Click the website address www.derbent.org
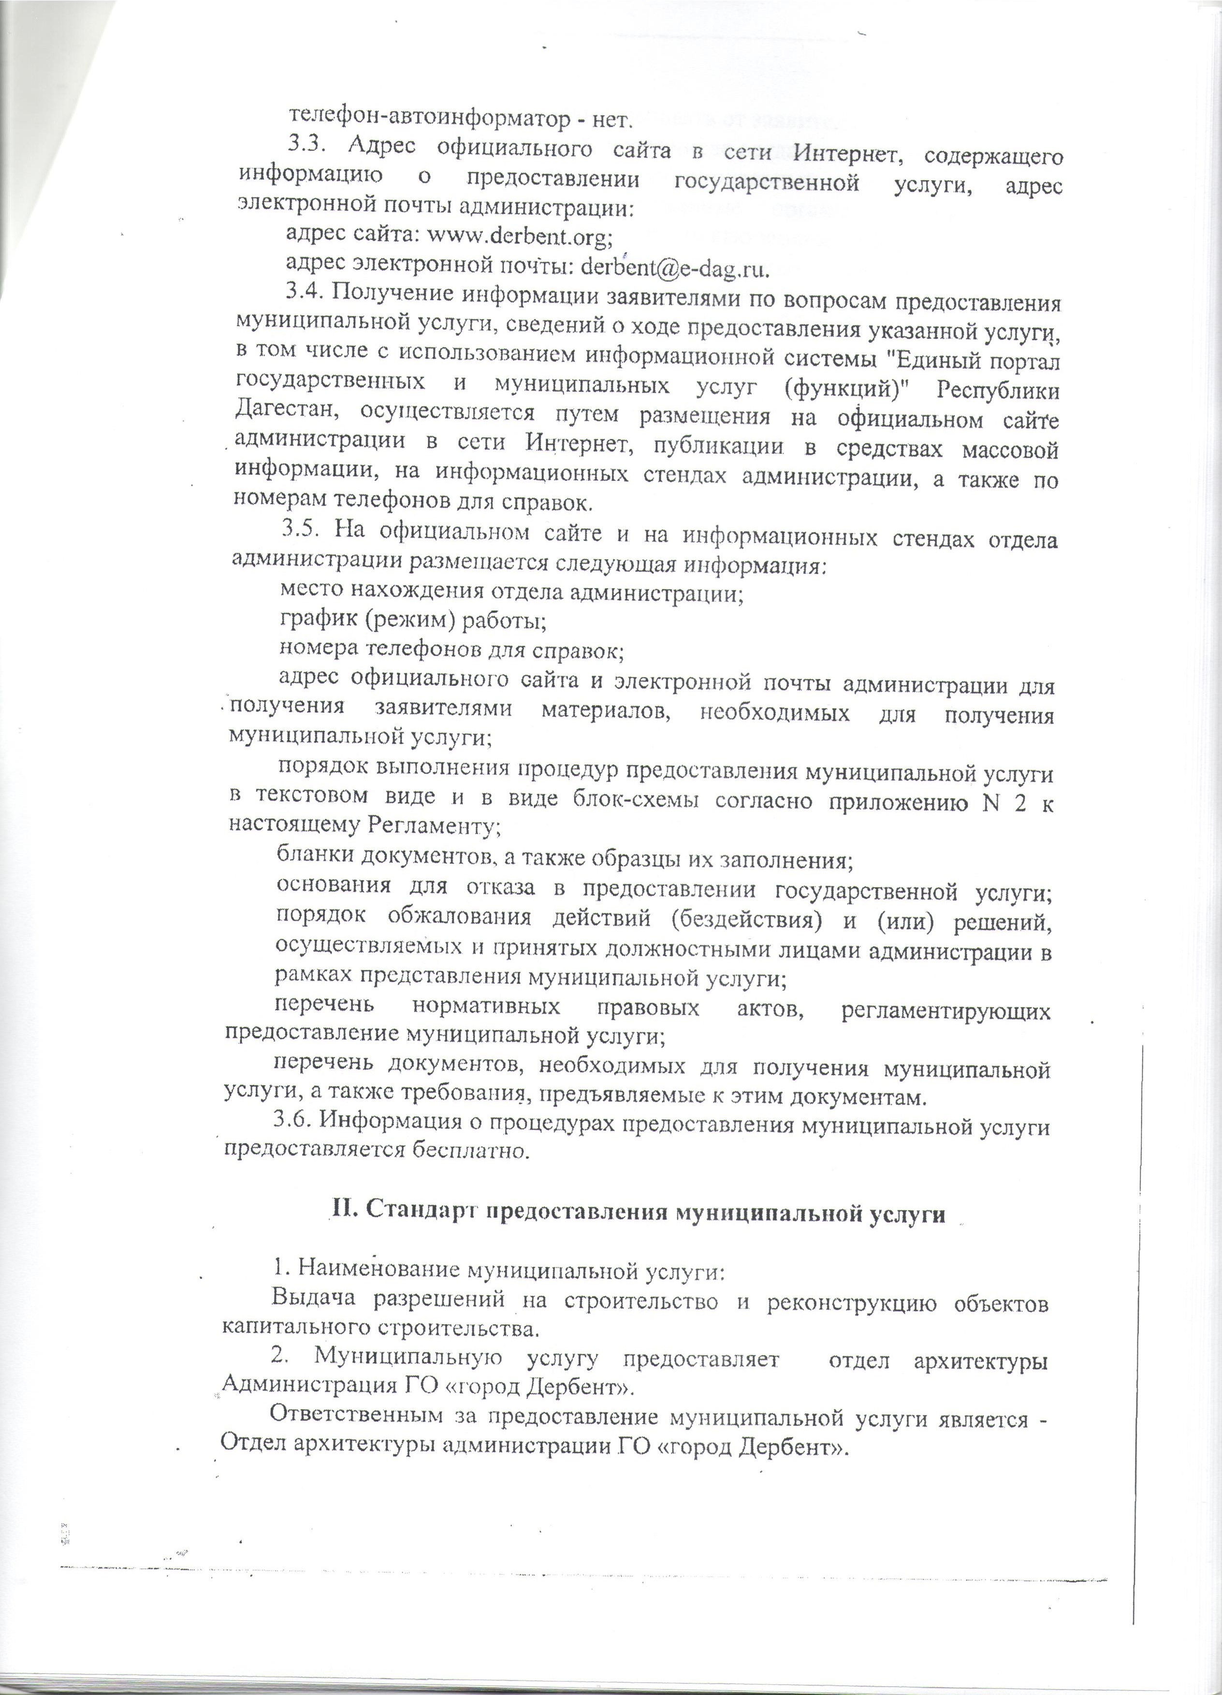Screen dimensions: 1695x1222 tap(520, 236)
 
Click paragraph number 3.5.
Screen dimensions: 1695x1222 tap(302, 531)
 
